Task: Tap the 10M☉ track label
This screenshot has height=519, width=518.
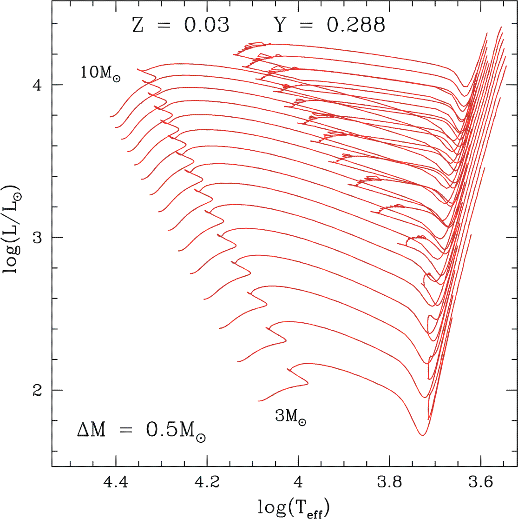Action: pos(100,73)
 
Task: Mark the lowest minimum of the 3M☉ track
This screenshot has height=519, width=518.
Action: pos(422,435)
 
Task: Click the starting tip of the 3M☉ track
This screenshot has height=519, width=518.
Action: pos(258,400)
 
